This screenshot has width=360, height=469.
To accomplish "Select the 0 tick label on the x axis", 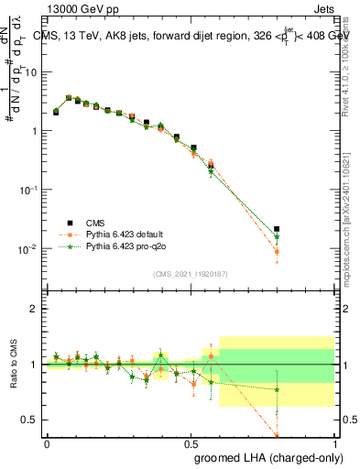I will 47,442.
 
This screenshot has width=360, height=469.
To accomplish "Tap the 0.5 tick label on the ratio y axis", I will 33,420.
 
